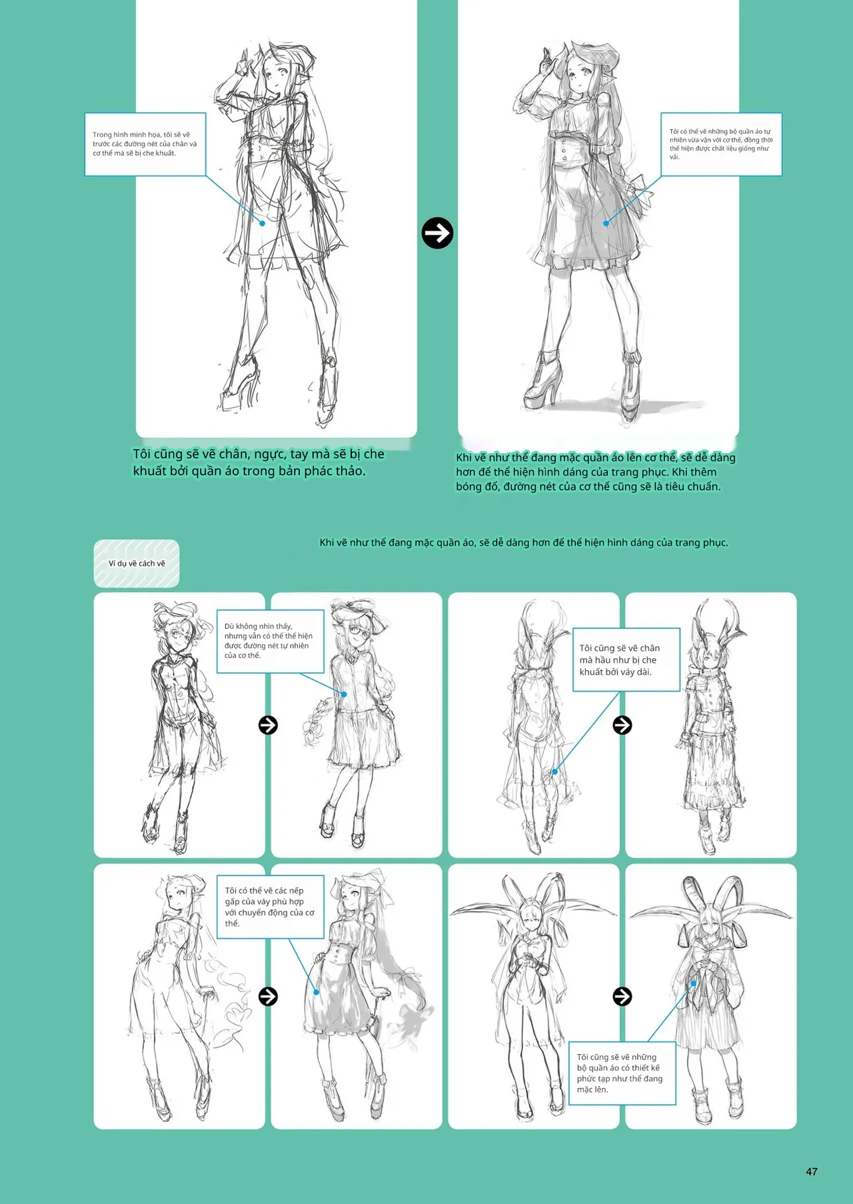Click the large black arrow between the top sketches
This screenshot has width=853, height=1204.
point(437,233)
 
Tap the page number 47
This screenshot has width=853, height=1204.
point(811,1171)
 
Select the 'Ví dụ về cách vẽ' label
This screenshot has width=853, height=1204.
point(137,564)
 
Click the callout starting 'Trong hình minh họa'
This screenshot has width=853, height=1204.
point(145,144)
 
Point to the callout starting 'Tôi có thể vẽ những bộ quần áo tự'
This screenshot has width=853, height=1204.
point(721,144)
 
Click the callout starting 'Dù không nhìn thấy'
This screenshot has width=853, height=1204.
point(271,641)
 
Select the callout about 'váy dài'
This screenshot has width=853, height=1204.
point(626,660)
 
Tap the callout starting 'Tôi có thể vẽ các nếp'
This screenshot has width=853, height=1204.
point(271,907)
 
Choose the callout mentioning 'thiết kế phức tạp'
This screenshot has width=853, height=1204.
point(622,1073)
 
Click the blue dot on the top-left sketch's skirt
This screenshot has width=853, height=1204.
point(263,223)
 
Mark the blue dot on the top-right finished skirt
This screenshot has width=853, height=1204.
point(606,223)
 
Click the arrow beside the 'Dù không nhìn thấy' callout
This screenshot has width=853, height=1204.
point(268,725)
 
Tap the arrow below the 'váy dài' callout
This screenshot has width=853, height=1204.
point(622,725)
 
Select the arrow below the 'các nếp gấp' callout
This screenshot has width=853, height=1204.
point(268,996)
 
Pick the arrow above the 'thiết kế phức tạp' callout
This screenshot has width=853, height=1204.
point(622,996)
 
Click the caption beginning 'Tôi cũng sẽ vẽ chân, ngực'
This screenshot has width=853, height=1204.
point(259,462)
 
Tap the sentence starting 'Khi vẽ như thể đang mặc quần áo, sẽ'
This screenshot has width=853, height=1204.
point(524,542)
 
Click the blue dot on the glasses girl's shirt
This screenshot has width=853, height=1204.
point(345,694)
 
